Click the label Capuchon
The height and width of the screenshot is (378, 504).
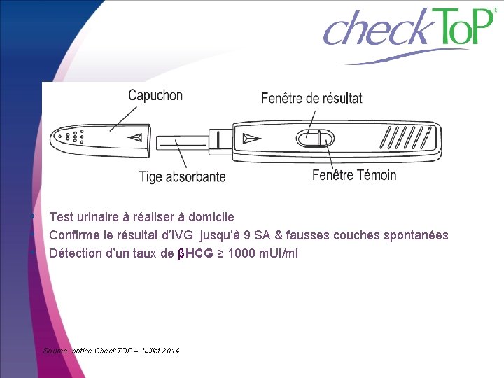click(155, 96)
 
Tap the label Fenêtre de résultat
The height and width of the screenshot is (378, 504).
click(311, 98)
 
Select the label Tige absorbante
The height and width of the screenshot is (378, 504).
click(183, 176)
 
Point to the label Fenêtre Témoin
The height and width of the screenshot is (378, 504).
click(354, 175)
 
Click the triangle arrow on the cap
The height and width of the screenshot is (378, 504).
click(138, 137)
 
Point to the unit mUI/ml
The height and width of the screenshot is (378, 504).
click(279, 253)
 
